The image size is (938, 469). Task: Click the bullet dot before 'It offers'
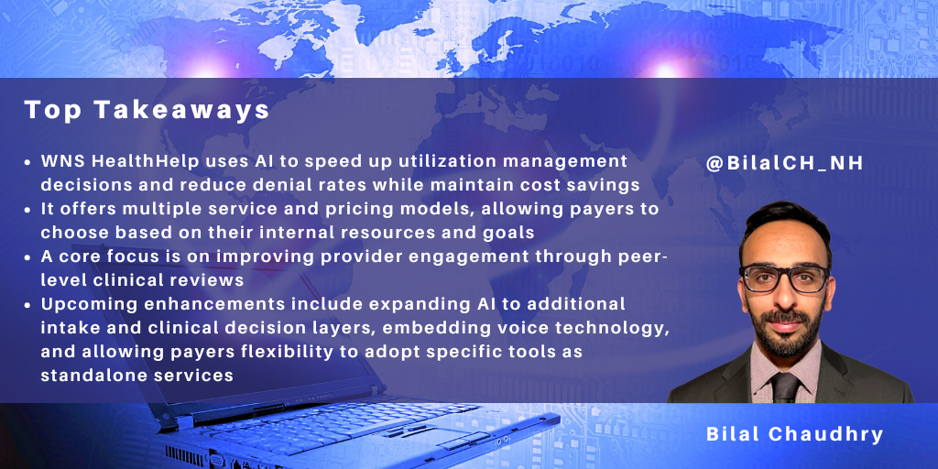click(x=29, y=209)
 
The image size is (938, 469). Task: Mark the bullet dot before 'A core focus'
click(x=29, y=256)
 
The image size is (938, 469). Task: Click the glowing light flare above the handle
click(x=666, y=66)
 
